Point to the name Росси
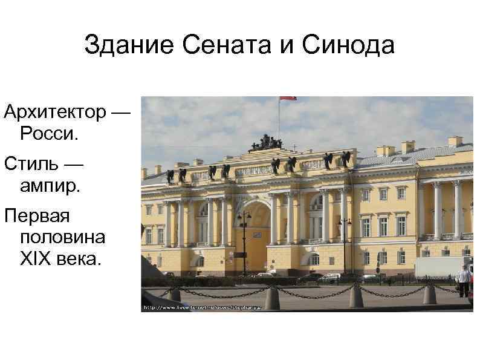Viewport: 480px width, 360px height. pyautogui.click(x=49, y=133)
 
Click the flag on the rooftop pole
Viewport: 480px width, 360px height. pyautogui.click(x=287, y=98)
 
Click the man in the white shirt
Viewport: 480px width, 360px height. pyautogui.click(x=464, y=279)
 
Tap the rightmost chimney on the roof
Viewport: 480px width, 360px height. pyautogui.click(x=455, y=140)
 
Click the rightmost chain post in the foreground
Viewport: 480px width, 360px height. pyautogui.click(x=430, y=294)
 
